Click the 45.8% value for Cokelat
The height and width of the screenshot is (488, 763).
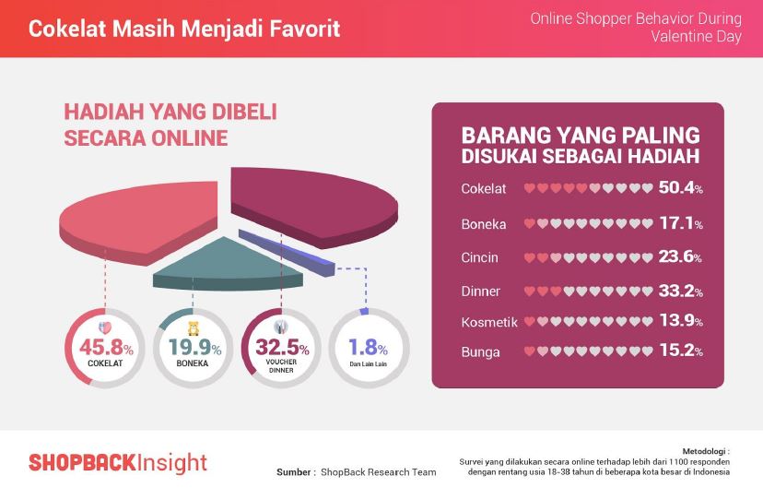(x=106, y=347)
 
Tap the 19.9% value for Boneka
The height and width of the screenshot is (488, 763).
(x=194, y=347)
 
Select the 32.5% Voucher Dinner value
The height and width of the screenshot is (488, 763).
(x=282, y=347)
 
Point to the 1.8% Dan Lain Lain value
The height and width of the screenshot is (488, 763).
(x=368, y=347)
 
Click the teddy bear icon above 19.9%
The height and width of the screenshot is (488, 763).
(x=194, y=327)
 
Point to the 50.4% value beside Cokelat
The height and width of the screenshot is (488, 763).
(x=681, y=187)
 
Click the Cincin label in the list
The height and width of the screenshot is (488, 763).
(x=479, y=257)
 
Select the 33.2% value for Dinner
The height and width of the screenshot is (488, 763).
(x=681, y=291)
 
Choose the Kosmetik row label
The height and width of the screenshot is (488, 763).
(x=489, y=322)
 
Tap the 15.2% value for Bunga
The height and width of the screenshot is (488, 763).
(x=681, y=351)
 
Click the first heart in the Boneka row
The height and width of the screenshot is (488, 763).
(x=530, y=224)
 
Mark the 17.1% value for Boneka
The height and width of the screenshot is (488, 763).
(x=681, y=223)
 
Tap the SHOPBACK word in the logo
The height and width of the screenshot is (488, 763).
(x=82, y=462)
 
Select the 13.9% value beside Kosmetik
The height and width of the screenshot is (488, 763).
(x=681, y=320)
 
